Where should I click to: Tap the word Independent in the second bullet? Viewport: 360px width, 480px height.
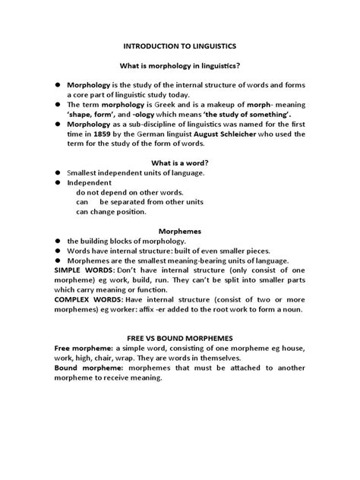point(90,183)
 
